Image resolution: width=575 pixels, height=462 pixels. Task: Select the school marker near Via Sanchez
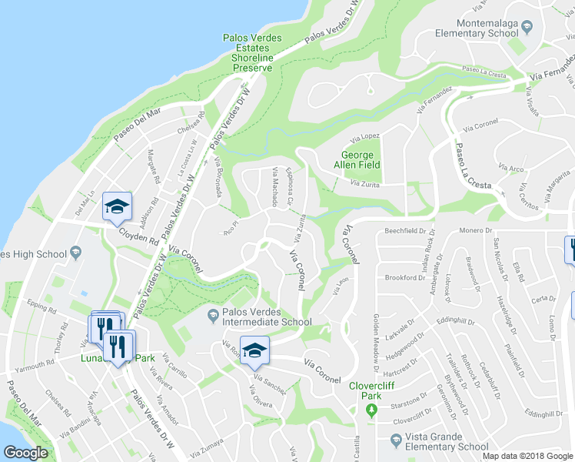pyautogui.click(x=254, y=350)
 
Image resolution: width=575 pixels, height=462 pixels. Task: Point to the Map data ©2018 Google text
pyautogui.click(x=527, y=456)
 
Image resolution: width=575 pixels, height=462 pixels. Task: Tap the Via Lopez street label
pyautogui.click(x=365, y=136)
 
